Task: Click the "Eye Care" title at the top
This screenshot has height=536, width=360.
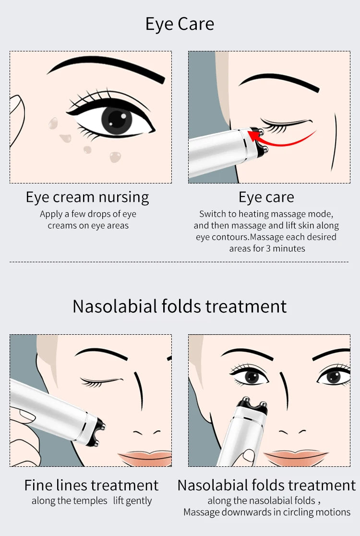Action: [x=180, y=24]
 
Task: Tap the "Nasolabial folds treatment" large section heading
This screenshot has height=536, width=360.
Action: [x=180, y=306]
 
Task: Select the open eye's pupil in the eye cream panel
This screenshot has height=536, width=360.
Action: [x=117, y=119]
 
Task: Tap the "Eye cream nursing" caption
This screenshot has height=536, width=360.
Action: [x=87, y=197]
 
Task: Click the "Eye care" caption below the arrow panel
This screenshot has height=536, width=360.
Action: [x=266, y=197]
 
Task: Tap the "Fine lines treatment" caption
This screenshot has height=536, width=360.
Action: [x=91, y=485]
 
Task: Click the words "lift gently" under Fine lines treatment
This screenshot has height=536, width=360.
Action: [x=132, y=501]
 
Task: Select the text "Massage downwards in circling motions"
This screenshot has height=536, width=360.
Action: [x=267, y=512]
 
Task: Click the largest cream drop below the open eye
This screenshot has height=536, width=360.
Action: [x=115, y=157]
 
